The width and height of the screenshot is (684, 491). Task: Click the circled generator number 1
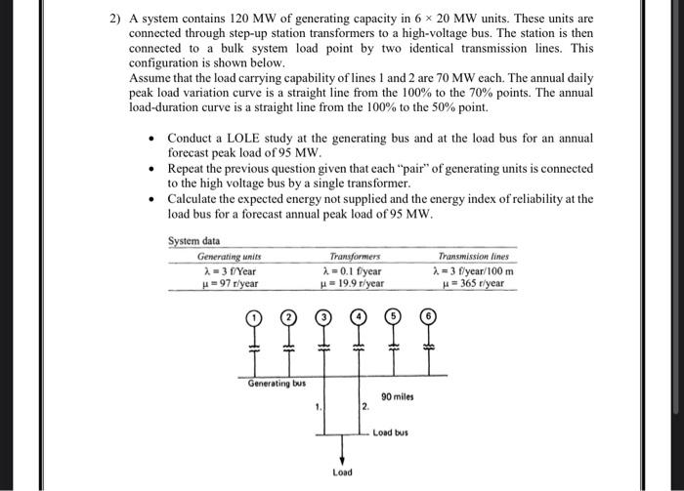(255, 317)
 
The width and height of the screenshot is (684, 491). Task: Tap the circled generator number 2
(289, 317)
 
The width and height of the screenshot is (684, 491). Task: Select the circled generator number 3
(324, 317)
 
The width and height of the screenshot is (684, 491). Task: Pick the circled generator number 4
(359, 317)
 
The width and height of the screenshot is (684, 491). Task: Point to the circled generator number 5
(394, 317)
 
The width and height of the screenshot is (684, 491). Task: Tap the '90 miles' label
(398, 397)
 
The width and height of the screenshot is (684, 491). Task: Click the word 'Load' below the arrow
(341, 473)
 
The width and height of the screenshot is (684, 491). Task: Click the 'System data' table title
(194, 241)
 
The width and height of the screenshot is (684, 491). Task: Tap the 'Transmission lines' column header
(475, 256)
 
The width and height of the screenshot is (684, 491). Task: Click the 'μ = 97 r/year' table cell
(229, 284)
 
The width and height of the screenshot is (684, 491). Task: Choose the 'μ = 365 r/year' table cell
(473, 284)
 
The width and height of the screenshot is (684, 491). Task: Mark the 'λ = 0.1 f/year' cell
(351, 270)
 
